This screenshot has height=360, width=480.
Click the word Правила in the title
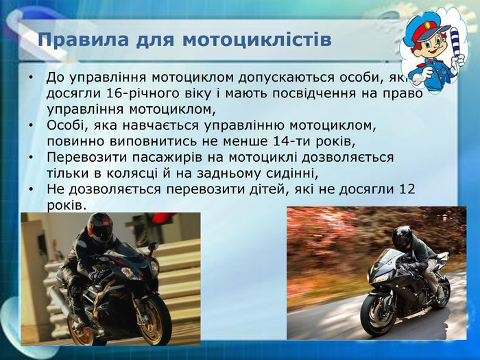click(x=74, y=40)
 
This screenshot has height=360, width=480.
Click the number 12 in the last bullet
click(x=407, y=189)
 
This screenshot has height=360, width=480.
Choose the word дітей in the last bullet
click(x=257, y=189)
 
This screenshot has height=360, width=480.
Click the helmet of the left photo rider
click(x=100, y=228)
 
